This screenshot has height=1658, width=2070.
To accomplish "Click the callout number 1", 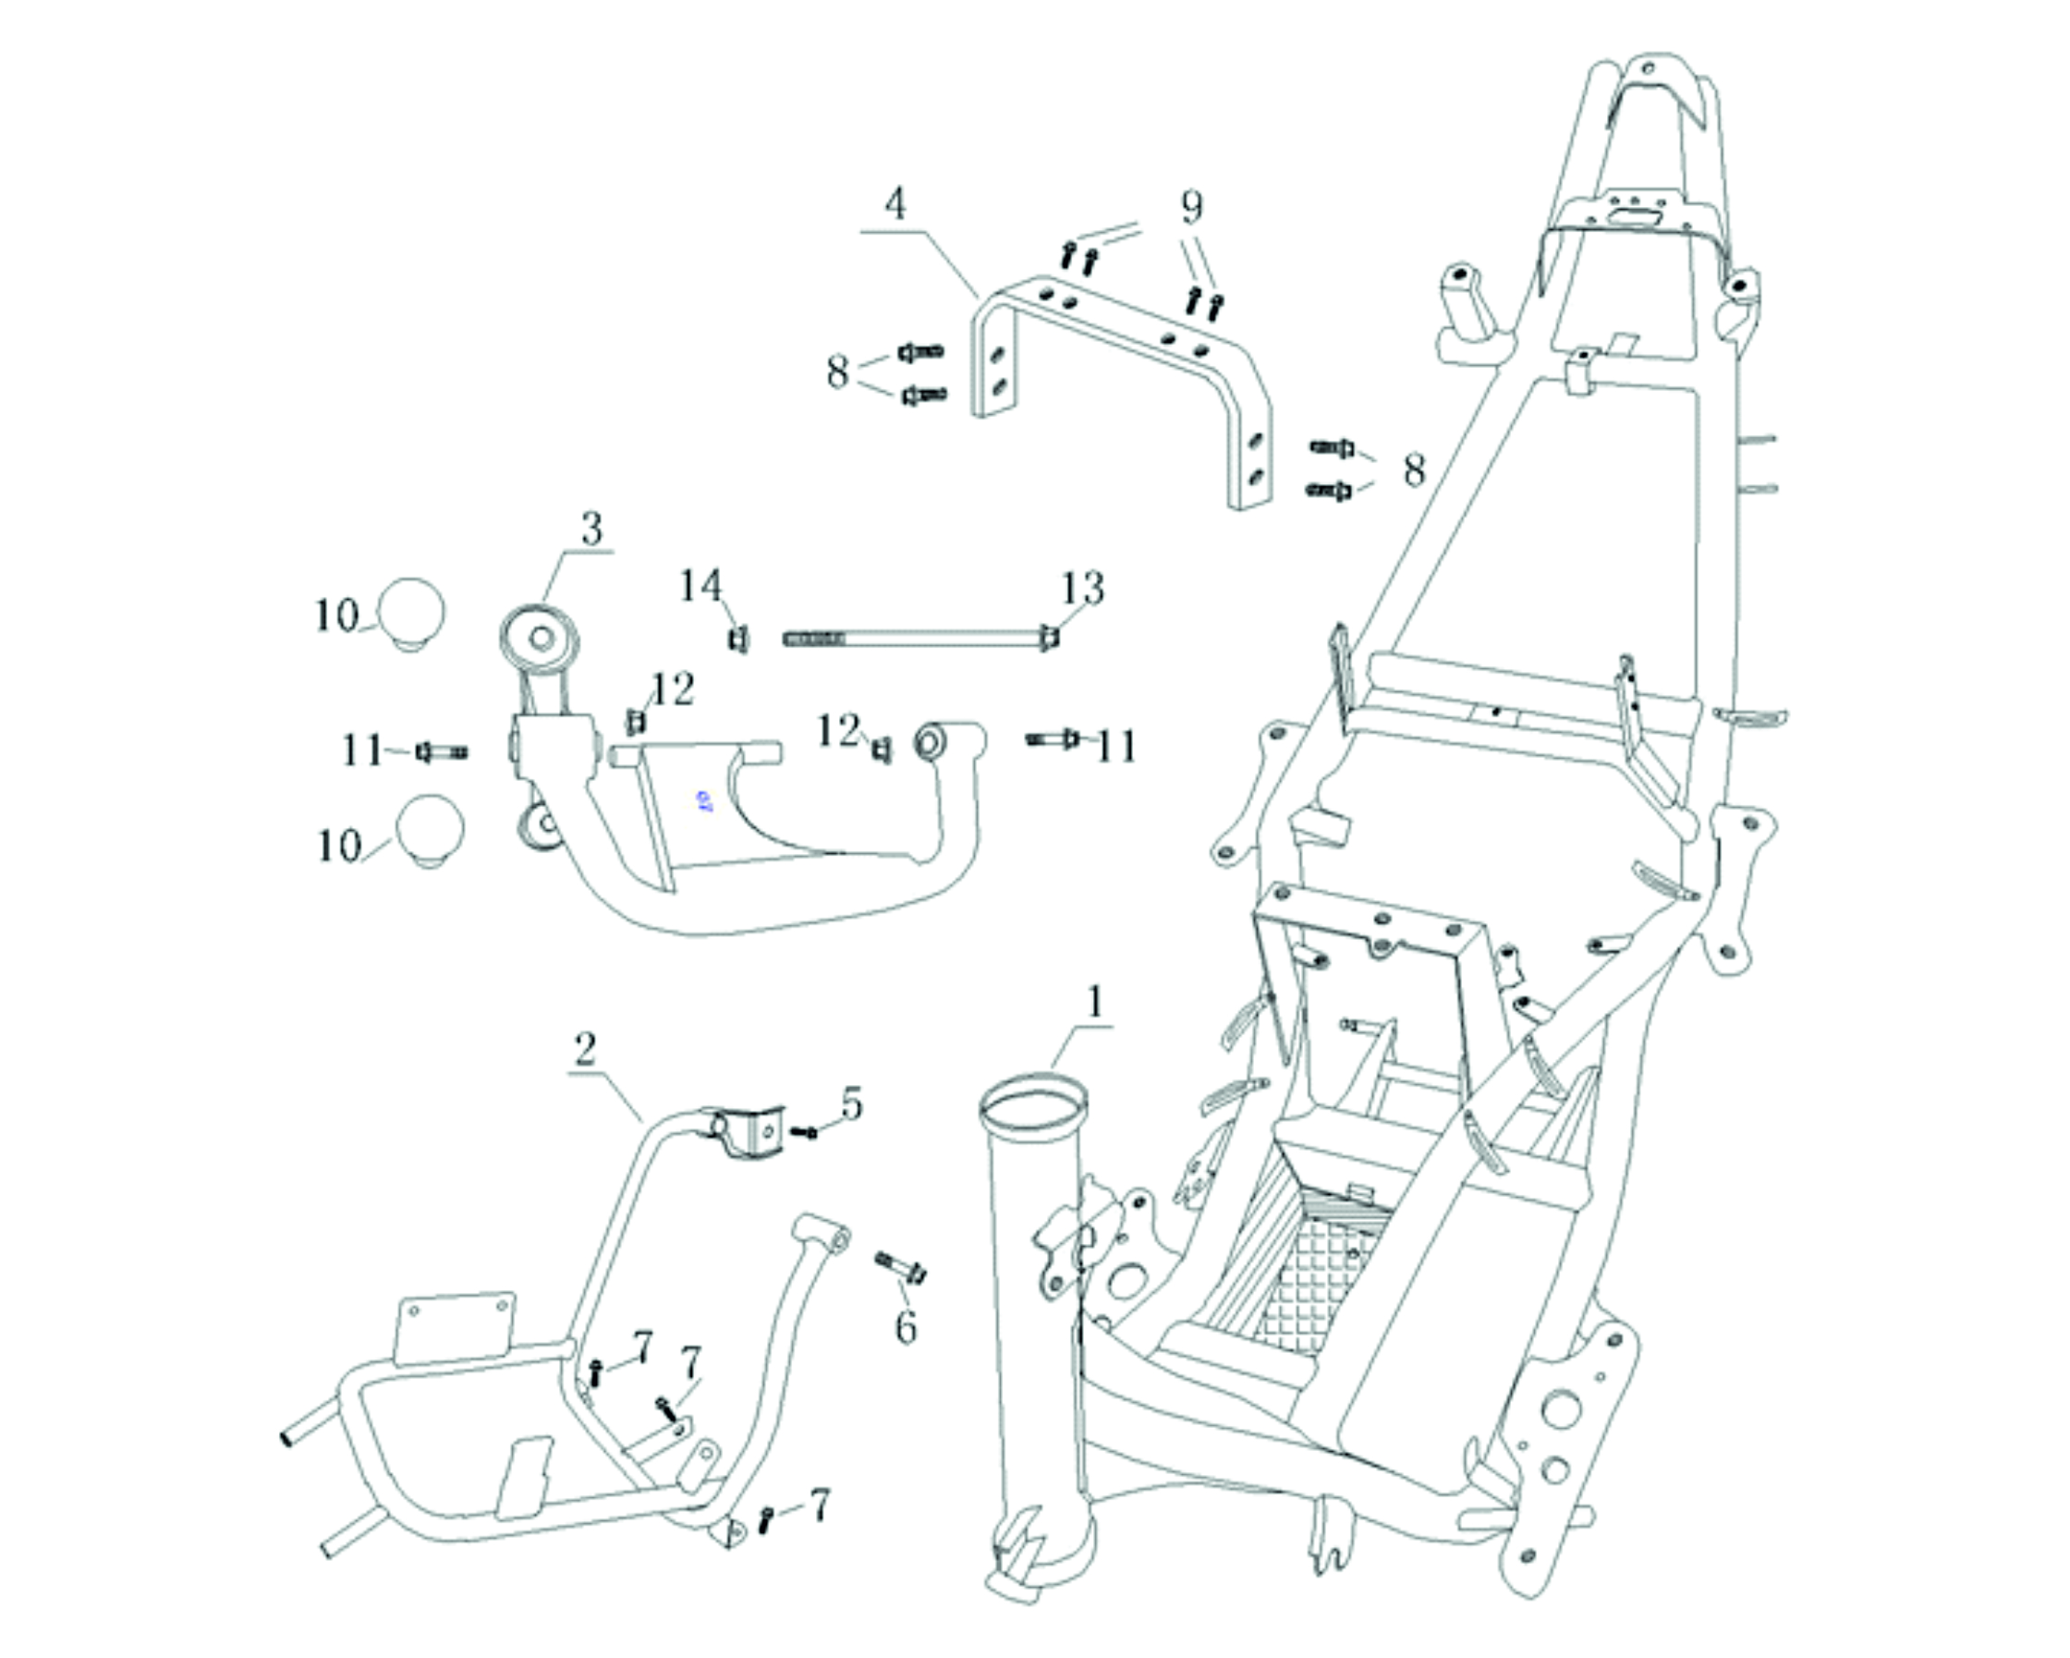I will [1093, 1004].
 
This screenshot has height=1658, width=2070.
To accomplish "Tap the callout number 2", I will [585, 1049].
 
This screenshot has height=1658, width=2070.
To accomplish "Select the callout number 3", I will [592, 529].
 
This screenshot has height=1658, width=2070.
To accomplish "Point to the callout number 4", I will [895, 203].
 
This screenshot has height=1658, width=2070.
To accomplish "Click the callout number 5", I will [851, 1105].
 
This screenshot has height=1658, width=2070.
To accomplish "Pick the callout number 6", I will [906, 1327].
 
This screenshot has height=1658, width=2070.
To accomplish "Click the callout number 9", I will [1190, 205].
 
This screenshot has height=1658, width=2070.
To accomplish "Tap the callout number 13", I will [1083, 588].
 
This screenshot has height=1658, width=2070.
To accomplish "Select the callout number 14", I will [700, 586].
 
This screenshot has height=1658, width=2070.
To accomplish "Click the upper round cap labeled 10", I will [411, 612].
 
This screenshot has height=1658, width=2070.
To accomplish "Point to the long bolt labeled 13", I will [917, 638].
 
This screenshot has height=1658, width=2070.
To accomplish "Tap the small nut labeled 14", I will [737, 640].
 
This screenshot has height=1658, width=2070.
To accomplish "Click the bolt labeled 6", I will [901, 1267].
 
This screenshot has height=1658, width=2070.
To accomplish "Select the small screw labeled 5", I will [804, 1133].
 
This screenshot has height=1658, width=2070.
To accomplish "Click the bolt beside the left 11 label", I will [442, 751].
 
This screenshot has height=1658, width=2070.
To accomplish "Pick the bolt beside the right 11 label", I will [1054, 738].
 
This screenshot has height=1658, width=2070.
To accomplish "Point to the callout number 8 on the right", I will [1413, 470].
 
